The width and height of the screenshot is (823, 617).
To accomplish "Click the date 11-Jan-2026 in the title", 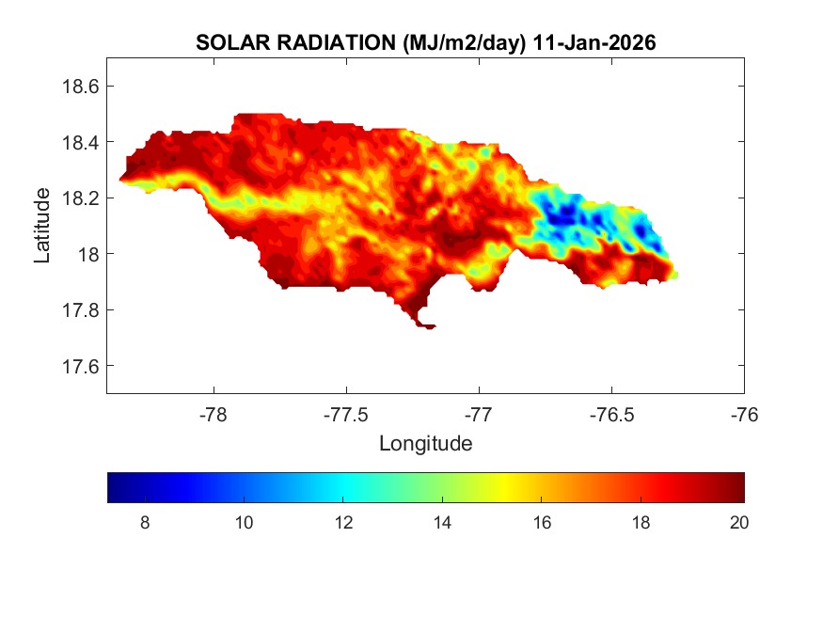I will click(x=594, y=43).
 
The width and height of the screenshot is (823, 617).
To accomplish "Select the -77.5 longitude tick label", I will click(x=347, y=415).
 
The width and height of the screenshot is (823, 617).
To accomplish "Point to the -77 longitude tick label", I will click(x=479, y=415).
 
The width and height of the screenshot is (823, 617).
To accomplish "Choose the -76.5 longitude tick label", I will click(x=611, y=415).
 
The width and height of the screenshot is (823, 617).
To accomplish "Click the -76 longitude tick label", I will click(x=744, y=415).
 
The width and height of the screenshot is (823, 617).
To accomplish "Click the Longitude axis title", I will click(x=425, y=443).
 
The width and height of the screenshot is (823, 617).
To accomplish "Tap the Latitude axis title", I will click(x=42, y=226).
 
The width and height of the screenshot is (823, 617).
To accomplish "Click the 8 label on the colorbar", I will click(x=144, y=524).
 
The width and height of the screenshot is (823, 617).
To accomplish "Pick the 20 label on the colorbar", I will click(x=738, y=524).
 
